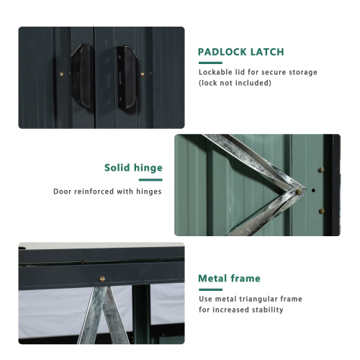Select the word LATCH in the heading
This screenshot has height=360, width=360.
tap(267, 53)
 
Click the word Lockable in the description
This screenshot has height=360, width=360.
tap(215, 72)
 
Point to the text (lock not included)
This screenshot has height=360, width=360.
tap(235, 83)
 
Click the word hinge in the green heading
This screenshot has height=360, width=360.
tap(149, 168)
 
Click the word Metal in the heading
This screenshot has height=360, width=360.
tap(213, 279)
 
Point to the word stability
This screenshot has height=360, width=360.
tap(266, 310)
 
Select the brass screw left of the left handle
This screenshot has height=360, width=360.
tap(61, 72)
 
